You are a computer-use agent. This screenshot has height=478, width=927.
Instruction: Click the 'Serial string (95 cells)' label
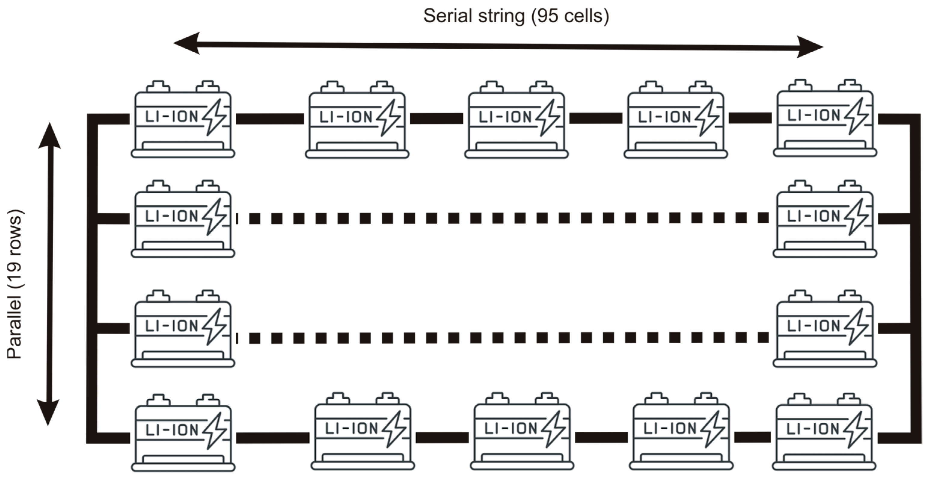coord(516,16)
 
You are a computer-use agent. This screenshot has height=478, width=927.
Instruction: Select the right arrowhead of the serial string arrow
coord(810,47)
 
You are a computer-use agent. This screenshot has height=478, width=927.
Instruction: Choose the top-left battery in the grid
coord(183,121)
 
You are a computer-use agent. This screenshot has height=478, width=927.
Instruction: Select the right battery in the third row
coord(825,330)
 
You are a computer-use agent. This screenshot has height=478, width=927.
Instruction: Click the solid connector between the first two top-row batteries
coord(270,118)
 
